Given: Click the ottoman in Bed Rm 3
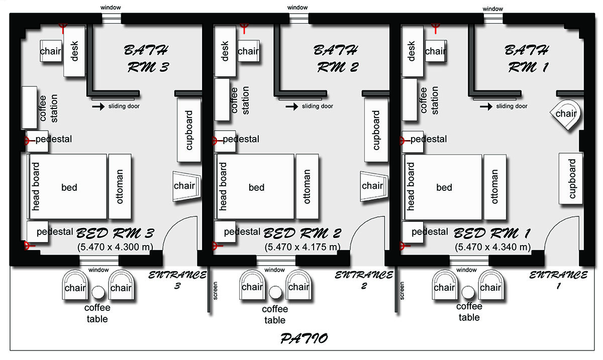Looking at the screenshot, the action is coord(120,186).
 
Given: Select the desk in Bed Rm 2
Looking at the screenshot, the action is coord(225,51).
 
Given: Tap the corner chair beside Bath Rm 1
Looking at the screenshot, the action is coord(566,114).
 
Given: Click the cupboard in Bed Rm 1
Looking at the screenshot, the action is coord(571,178).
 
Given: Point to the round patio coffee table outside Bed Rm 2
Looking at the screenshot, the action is coord(275,292).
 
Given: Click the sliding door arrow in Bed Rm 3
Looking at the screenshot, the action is coord(98,106).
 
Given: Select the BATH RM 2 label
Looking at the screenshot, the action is coord(337,59).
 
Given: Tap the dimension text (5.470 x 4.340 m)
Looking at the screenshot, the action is coord(492,247).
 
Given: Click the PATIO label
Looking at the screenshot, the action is coord(304,338).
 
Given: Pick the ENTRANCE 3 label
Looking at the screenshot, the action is coord(177,280).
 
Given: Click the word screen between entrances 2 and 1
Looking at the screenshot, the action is coord(402,291).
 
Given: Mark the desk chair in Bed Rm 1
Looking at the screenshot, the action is coord(436,51).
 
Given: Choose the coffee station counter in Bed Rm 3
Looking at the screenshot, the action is coord(29,107).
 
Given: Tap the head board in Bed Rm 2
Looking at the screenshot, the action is coord(223,186).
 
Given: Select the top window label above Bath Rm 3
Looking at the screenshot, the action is coord(111,8).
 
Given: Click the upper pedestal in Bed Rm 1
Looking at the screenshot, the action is coord(413,142).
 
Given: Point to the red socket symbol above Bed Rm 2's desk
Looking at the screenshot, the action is coord(244,28).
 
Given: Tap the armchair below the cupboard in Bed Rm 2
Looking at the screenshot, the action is coord(374,186).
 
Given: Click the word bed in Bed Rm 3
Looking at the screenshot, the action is coord(69,187).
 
